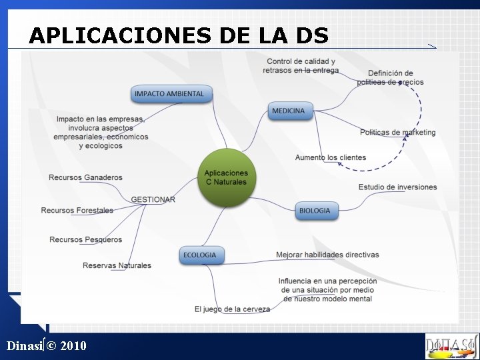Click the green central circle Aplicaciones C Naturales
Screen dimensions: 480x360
(x=226, y=177)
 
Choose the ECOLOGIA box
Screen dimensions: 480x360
(x=200, y=255)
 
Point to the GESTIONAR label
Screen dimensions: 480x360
(x=153, y=199)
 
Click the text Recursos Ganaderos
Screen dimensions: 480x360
(x=85, y=177)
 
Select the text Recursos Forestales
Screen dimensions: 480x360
(x=77, y=211)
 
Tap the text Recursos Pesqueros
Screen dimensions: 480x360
(x=85, y=239)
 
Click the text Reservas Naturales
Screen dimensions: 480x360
(x=117, y=265)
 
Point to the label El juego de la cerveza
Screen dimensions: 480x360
(x=232, y=309)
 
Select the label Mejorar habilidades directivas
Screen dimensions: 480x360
(x=327, y=255)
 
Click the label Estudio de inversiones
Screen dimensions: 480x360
(x=397, y=187)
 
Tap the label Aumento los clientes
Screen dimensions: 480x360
(x=331, y=157)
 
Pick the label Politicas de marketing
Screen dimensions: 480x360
(x=397, y=132)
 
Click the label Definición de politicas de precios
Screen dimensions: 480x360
(x=390, y=77)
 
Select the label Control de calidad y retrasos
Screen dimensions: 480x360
(x=301, y=66)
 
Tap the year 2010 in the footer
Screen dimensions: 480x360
(x=73, y=345)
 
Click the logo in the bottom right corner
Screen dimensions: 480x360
(x=451, y=346)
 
